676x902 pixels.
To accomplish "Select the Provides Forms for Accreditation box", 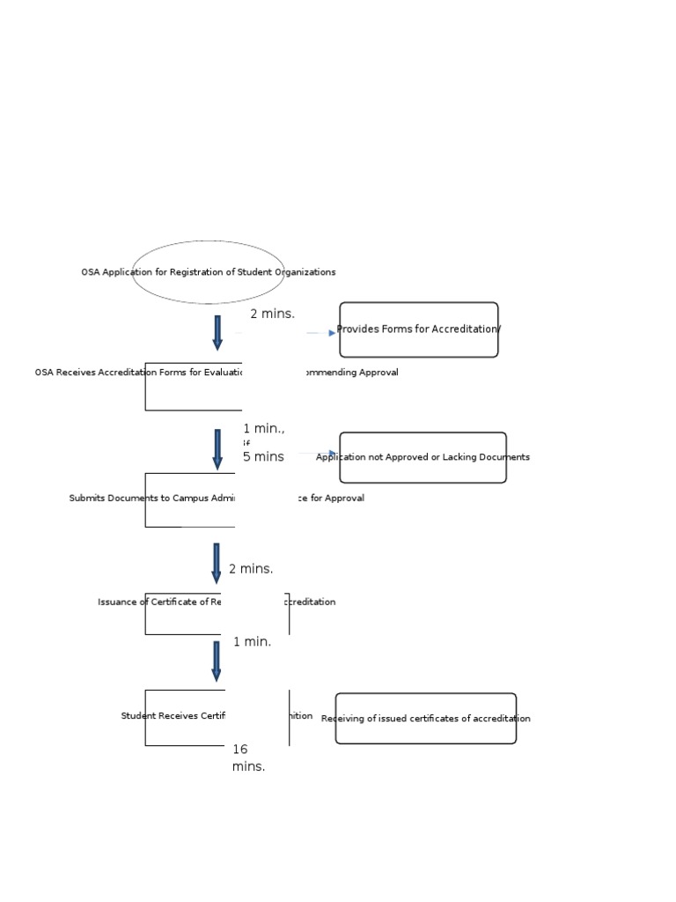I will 419,329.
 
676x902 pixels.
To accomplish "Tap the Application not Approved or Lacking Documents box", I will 422,457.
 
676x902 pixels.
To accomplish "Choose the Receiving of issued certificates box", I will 426,719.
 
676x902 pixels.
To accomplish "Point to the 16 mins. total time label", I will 248,758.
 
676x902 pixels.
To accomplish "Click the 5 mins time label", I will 263,457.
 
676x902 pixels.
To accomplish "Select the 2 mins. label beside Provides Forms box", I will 272,314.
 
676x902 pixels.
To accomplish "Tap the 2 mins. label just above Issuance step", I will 251,569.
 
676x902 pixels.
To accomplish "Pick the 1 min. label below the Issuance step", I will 252,641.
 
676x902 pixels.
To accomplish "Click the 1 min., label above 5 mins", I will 264,429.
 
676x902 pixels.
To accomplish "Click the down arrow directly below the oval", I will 217,332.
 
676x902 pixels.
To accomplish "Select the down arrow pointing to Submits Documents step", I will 217,448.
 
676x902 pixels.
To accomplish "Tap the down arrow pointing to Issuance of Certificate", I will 217,563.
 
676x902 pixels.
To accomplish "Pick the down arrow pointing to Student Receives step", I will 217,661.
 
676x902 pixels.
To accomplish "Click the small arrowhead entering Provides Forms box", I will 332,333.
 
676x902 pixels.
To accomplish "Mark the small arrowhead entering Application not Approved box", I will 332,454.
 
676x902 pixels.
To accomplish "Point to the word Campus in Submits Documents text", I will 200,499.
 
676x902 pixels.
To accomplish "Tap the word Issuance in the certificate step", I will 118,603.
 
